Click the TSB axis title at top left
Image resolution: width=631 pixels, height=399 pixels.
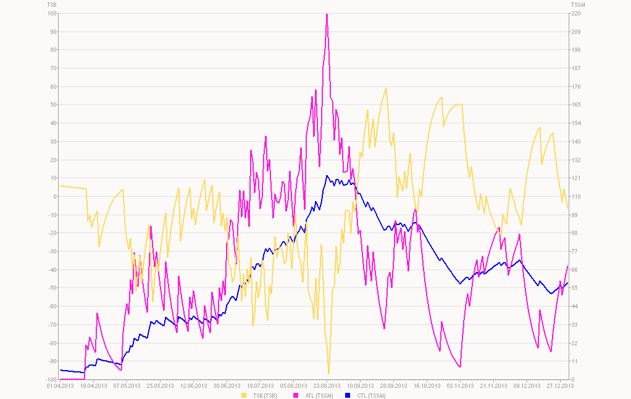pyautogui.click(x=52, y=5)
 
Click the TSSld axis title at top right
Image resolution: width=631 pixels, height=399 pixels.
pyautogui.click(x=578, y=5)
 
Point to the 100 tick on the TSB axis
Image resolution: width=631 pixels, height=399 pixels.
pyautogui.click(x=52, y=14)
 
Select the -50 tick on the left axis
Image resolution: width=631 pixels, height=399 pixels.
pyautogui.click(x=53, y=288)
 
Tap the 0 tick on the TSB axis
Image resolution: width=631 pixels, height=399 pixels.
pyautogui.click(x=56, y=197)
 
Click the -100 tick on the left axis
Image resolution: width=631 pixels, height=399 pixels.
pyautogui.click(x=52, y=379)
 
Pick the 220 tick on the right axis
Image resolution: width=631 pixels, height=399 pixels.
pyautogui.click(x=575, y=14)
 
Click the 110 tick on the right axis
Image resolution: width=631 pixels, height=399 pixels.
pyautogui.click(x=575, y=197)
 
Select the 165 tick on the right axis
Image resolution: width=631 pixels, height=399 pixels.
pyautogui.click(x=575, y=105)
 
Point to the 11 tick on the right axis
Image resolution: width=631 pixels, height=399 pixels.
pyautogui.click(x=574, y=361)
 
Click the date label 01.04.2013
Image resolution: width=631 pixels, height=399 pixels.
pyautogui.click(x=61, y=386)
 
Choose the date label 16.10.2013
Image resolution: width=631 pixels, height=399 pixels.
pyautogui.click(x=424, y=386)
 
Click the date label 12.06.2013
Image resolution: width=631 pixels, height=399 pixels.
pyautogui.click(x=193, y=386)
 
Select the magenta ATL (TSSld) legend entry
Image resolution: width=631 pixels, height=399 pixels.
pyautogui.click(x=315, y=395)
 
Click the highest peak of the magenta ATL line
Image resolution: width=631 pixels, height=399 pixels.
pyautogui.click(x=327, y=14)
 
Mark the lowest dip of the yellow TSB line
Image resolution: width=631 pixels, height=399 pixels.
pyautogui.click(x=328, y=374)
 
